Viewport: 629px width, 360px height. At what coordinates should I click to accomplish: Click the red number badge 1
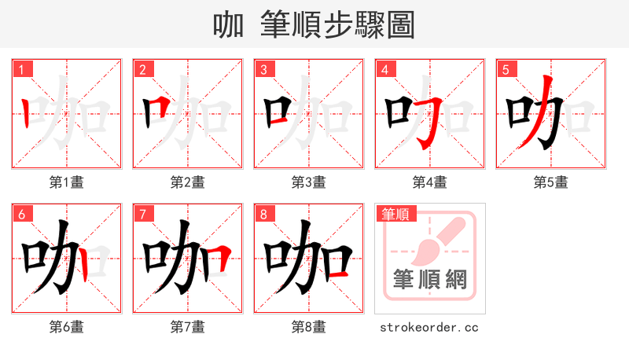21,69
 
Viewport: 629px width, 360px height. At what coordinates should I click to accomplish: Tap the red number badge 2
142,69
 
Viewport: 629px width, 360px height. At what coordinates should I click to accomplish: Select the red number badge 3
263,69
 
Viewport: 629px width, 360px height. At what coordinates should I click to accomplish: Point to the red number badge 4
384,69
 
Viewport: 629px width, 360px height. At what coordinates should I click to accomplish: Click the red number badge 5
506,69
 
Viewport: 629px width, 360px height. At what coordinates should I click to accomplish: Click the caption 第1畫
67,182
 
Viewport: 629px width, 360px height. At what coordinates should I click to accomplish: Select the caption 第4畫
430,182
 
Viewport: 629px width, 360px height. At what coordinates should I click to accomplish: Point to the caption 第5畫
551,182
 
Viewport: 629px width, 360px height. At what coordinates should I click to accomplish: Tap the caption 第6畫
67,327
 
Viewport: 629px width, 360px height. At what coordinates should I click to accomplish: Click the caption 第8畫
309,327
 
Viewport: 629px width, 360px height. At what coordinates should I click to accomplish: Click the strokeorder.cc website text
429,327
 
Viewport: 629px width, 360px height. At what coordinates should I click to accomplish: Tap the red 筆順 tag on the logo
395,214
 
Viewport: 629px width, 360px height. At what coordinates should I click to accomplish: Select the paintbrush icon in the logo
436,240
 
